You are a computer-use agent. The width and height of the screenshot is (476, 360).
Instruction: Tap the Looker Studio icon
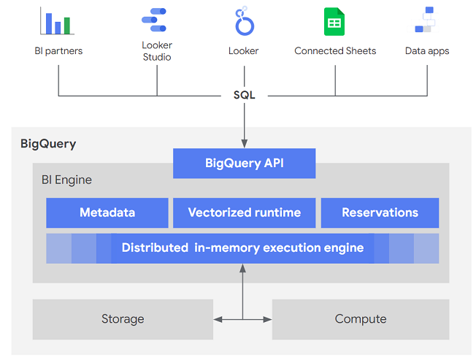point(156,21)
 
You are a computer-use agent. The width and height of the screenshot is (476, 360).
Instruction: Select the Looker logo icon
point(243,22)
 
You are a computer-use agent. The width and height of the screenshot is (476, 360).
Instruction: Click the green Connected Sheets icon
point(334,22)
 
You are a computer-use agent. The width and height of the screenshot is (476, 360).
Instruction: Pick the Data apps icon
point(426,20)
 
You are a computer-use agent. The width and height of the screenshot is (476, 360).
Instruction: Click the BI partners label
point(58,51)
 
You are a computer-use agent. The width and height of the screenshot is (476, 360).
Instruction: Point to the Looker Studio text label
point(156,51)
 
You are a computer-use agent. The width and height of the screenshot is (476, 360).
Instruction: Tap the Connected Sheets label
point(335,51)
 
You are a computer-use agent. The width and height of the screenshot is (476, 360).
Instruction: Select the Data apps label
point(427,51)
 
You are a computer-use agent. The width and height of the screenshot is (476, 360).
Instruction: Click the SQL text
point(244,96)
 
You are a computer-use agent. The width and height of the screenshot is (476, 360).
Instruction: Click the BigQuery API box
point(244,164)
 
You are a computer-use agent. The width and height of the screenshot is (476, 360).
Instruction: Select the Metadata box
point(107,212)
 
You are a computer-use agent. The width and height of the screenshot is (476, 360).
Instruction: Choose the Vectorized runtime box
point(244,212)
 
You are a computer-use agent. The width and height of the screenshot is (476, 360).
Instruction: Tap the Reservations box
point(380,212)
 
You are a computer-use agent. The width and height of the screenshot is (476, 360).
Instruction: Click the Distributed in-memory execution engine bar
point(242,248)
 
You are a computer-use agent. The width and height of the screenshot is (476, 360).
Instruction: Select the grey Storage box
point(123,319)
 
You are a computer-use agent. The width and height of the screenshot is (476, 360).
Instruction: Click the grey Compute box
point(361,319)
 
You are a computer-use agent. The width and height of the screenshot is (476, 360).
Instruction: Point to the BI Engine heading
point(66,180)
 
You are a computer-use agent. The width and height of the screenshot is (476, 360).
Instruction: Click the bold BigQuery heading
point(48,144)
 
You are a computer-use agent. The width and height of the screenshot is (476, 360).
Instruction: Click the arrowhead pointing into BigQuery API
point(244,145)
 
